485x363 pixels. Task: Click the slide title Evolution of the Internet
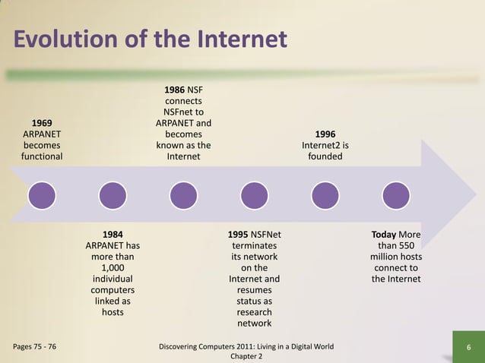point(150,39)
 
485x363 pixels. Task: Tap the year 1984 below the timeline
point(113,235)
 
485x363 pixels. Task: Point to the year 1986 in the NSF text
point(174,90)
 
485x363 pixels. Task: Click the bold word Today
point(383,235)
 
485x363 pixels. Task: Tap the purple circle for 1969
point(42,195)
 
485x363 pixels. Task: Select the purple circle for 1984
point(113,195)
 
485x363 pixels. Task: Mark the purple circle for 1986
point(183,195)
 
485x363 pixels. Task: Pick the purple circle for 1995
point(254,195)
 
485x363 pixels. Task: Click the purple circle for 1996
point(325,195)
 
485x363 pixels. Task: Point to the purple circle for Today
point(395,195)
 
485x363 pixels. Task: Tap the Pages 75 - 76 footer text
point(34,347)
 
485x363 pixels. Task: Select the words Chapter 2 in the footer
point(246,356)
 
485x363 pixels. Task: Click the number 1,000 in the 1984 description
point(113,268)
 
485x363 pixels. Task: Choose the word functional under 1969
point(42,156)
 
